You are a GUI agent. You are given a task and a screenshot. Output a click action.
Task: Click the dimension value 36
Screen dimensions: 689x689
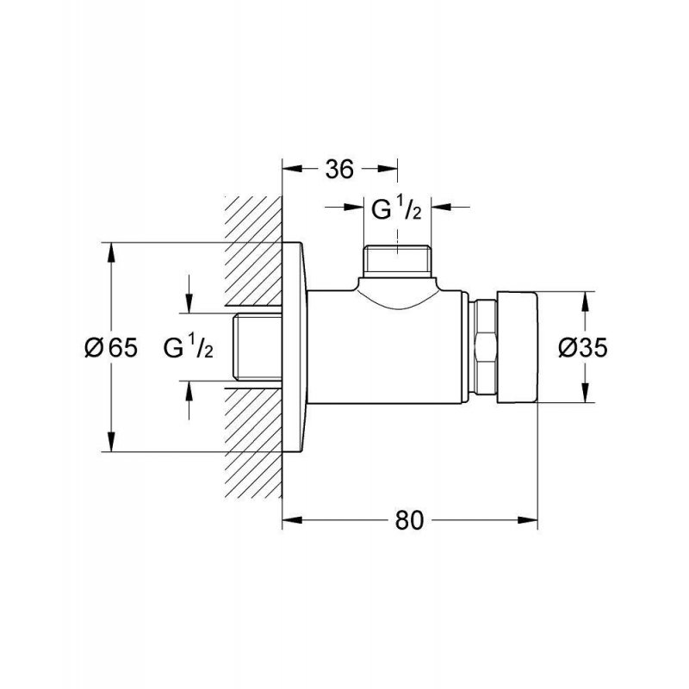(x=339, y=169)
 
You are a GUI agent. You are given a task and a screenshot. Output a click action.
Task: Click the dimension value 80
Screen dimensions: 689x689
(x=409, y=520)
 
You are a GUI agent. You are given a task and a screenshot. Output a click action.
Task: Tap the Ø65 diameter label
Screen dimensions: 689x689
(x=111, y=348)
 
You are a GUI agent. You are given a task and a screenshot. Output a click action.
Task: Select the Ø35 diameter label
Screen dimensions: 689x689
(x=583, y=348)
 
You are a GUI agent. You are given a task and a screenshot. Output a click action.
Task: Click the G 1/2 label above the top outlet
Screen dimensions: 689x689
(x=396, y=209)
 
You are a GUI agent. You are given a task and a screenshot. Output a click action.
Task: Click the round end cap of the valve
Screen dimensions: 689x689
(x=518, y=347)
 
